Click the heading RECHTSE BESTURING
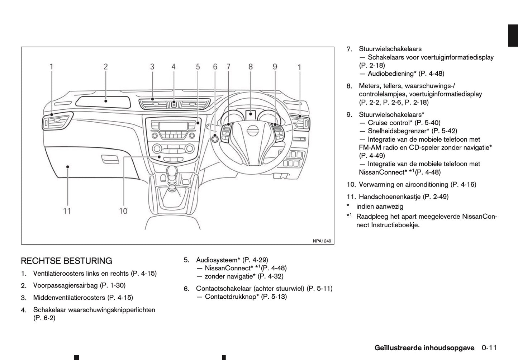tap(66, 261)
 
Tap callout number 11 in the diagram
tap(67, 211)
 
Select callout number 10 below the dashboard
tap(123, 211)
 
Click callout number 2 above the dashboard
tap(106, 67)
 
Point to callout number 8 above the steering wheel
tap(250, 67)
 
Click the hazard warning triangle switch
tap(174, 104)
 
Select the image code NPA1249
tap(322, 241)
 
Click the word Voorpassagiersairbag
tap(66, 285)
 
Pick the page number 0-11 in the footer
tap(489, 347)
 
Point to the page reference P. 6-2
tap(44, 318)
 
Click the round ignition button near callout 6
tap(215, 139)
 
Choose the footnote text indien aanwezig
tap(380, 206)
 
